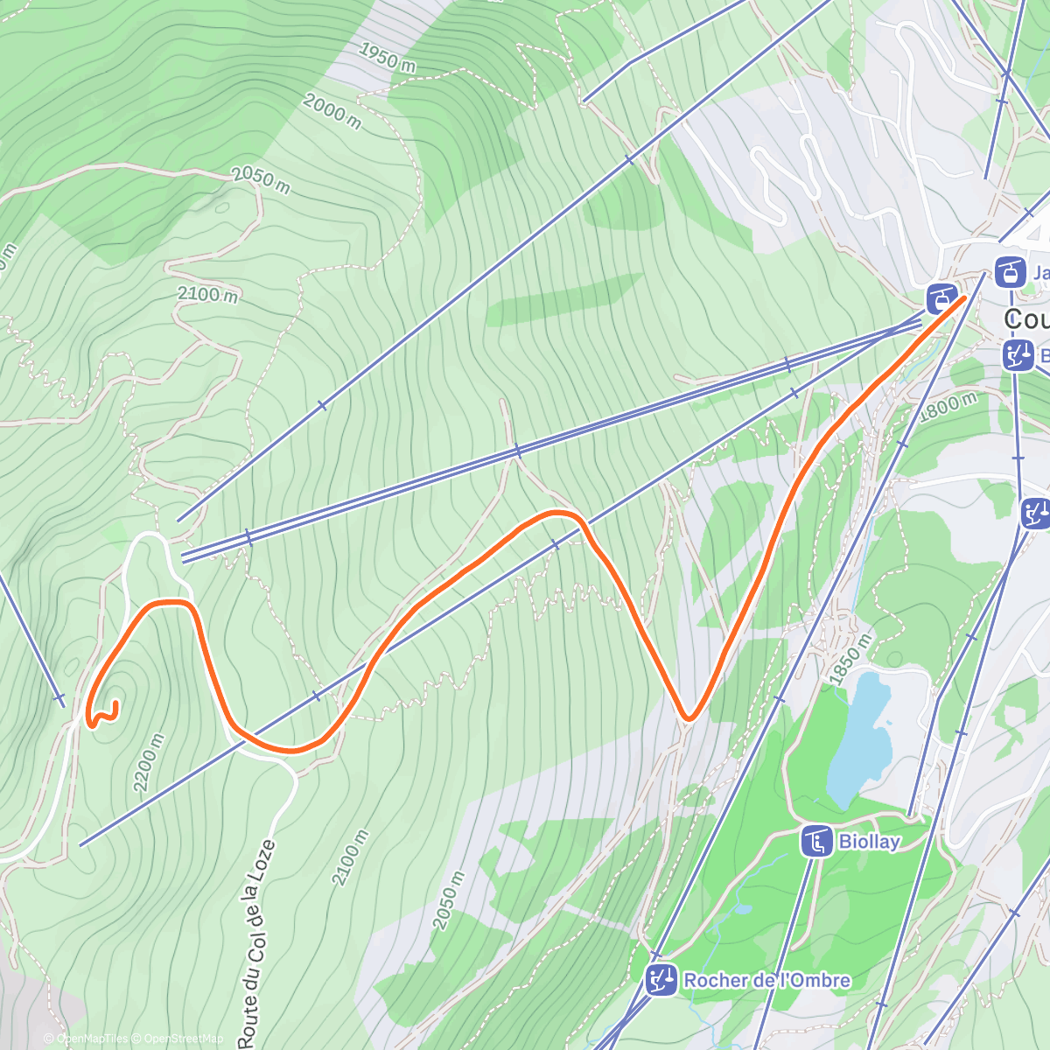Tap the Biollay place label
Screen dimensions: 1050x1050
click(869, 842)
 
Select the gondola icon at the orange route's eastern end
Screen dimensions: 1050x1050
click(941, 298)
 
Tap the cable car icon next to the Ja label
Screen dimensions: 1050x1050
click(1010, 273)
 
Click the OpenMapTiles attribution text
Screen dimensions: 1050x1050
click(91, 1039)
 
